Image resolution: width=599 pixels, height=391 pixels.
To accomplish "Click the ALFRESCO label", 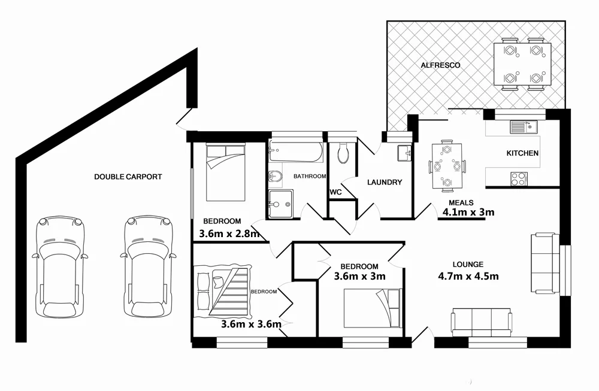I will tap(440, 65).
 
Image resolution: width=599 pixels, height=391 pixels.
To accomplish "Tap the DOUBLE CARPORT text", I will tap(128, 177).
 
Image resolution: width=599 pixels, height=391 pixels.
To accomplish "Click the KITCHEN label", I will tap(522, 153).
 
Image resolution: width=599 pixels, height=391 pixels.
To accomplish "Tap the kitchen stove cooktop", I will tap(518, 178).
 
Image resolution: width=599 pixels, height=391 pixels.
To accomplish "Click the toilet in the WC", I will tap(343, 153).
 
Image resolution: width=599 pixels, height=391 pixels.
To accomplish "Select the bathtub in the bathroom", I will tap(296, 153).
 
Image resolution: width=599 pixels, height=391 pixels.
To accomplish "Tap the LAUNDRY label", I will tap(384, 183).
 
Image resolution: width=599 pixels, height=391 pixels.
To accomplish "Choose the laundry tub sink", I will tap(404, 153).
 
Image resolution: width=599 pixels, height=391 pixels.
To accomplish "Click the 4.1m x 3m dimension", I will tap(468, 211).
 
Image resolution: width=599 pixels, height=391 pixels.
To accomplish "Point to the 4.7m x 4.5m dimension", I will tap(468, 276).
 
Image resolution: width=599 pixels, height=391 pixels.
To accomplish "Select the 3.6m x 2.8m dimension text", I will tap(229, 234).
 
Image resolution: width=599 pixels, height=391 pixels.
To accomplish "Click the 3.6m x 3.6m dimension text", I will tap(251, 325).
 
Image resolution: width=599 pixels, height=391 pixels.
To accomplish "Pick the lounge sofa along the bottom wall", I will tap(482, 322).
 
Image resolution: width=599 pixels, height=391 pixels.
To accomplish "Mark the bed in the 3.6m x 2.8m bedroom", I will tap(225, 172).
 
